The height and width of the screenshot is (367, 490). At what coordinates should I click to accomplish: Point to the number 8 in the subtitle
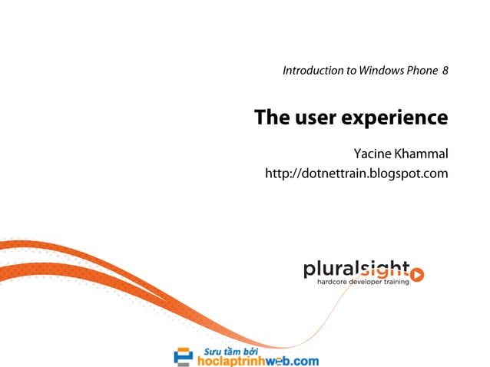pos(445,71)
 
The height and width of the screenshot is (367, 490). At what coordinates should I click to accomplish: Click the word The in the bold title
pos(270,118)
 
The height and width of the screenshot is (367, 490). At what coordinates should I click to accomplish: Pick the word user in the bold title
pos(314,118)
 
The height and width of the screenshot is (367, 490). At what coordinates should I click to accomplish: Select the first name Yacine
pos(370,154)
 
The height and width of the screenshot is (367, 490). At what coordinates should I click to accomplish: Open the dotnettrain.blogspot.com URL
pos(356,174)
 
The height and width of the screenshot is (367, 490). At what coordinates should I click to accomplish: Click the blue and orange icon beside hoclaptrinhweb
pos(184,356)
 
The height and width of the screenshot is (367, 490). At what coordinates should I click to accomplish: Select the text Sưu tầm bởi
pos(228,348)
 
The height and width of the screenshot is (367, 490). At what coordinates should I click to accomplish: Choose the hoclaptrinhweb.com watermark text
pos(257,359)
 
